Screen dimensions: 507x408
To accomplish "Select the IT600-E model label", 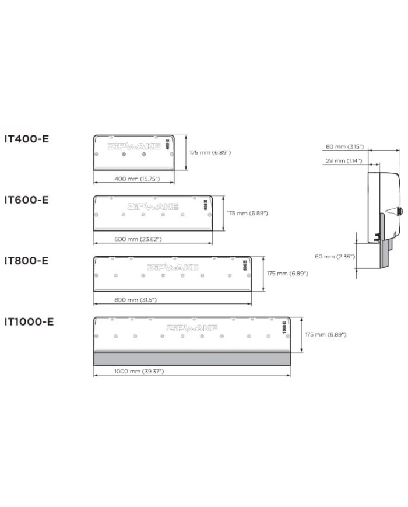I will [x=27, y=200].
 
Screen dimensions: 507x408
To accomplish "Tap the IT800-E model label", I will [x=27, y=260].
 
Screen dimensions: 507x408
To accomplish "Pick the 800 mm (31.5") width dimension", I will [x=135, y=299].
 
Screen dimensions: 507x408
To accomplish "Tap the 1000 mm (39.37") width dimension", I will [x=139, y=371].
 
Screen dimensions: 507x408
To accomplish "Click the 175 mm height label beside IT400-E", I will [x=210, y=152].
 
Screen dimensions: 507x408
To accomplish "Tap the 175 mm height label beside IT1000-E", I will [x=326, y=334].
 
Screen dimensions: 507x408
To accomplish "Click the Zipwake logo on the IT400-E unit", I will [x=133, y=146].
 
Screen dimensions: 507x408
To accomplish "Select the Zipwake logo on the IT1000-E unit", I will [x=192, y=328].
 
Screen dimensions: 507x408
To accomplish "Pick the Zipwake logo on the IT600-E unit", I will [x=153, y=207].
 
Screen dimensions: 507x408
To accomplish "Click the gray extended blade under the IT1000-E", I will [x=192, y=358].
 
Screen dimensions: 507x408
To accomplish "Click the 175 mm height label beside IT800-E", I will [x=287, y=273].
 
